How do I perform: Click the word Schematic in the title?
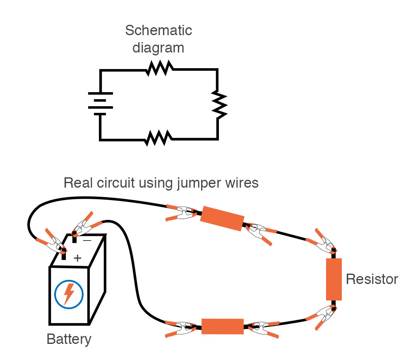(x=158, y=31)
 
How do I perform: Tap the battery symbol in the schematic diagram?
(x=100, y=103)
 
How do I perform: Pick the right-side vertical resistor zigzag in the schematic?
(x=218, y=104)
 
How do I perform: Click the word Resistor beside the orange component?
(x=372, y=279)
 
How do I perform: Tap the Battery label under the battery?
(x=69, y=339)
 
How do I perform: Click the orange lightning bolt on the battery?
(x=69, y=293)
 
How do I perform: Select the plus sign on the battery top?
(x=77, y=259)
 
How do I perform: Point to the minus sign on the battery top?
(x=87, y=240)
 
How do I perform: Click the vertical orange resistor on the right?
(x=334, y=279)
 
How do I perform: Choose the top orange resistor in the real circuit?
(x=222, y=220)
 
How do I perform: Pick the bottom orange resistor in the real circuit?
(x=222, y=326)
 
